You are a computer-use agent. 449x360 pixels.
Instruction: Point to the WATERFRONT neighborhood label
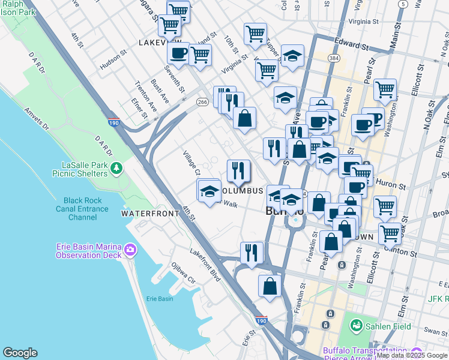(x=150, y=214)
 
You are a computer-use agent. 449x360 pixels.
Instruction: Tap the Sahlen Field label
(x=388, y=326)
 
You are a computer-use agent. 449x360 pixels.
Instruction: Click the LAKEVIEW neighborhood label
(x=160, y=43)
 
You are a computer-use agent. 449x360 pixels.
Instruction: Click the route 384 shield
(x=334, y=58)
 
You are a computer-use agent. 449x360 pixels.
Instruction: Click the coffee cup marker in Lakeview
(x=178, y=53)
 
